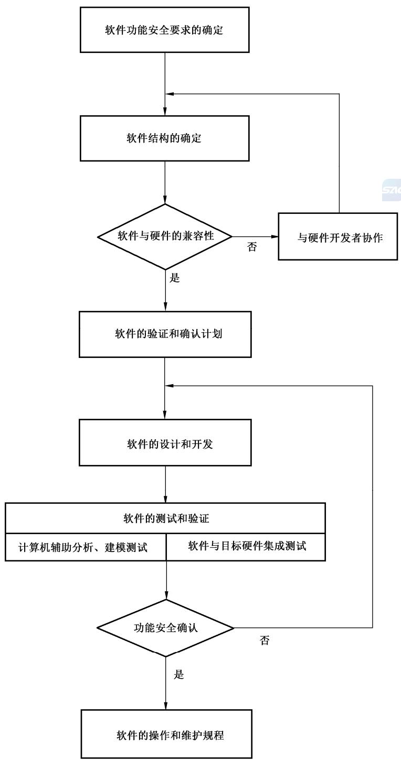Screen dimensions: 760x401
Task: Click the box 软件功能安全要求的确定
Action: click(x=165, y=30)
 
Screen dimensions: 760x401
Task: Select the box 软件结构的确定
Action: click(x=165, y=139)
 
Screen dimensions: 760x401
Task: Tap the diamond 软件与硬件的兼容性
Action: click(x=165, y=236)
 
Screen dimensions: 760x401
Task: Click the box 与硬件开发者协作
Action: click(x=338, y=236)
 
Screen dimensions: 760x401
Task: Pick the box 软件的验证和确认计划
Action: click(x=165, y=334)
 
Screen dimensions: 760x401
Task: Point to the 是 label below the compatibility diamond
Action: click(x=175, y=278)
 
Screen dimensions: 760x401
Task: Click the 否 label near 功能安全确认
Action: click(x=265, y=640)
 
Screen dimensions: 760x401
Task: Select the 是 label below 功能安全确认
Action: click(x=179, y=674)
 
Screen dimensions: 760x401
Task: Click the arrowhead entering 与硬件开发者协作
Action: click(x=275, y=236)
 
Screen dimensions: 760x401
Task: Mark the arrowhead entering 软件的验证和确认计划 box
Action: click(x=165, y=308)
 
